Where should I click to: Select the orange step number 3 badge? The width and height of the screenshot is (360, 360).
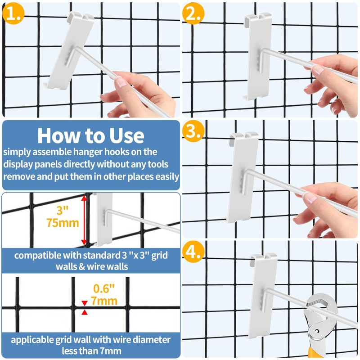tap(193, 131)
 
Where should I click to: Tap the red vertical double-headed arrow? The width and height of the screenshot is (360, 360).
tap(83, 220)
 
